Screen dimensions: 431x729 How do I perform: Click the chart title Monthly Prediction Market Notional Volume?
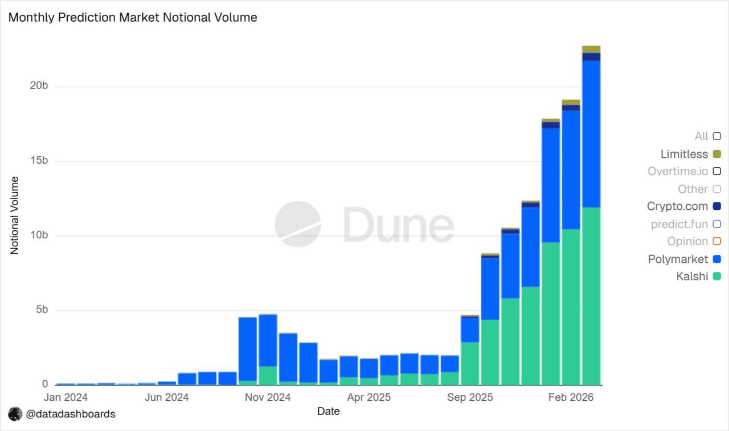[133, 18]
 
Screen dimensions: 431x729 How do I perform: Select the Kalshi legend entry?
[692, 277]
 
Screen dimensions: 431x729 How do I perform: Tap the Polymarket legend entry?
[678, 259]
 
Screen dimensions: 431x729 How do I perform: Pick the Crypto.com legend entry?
[678, 206]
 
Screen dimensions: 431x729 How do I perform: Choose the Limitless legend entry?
[684, 154]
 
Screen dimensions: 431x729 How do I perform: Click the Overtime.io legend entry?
[678, 171]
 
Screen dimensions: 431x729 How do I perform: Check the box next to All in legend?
[717, 136]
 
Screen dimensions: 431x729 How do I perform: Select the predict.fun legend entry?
[679, 224]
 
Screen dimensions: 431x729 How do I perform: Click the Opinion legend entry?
[687, 241]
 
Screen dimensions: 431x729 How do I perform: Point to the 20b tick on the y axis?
[39, 86]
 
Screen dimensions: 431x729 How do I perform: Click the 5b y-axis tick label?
[42, 310]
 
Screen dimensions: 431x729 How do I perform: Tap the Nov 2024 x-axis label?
[268, 397]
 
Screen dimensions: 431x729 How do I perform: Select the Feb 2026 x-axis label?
[570, 397]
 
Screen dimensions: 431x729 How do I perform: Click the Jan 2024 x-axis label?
[66, 397]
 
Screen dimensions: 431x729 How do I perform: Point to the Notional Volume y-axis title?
[15, 215]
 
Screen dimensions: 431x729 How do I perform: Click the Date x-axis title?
[329, 411]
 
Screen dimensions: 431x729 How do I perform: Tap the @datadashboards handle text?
[71, 414]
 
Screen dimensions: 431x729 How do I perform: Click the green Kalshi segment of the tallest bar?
[591, 296]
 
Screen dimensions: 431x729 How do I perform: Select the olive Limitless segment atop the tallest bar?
[591, 49]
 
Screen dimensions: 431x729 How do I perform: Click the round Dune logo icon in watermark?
[298, 224]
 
